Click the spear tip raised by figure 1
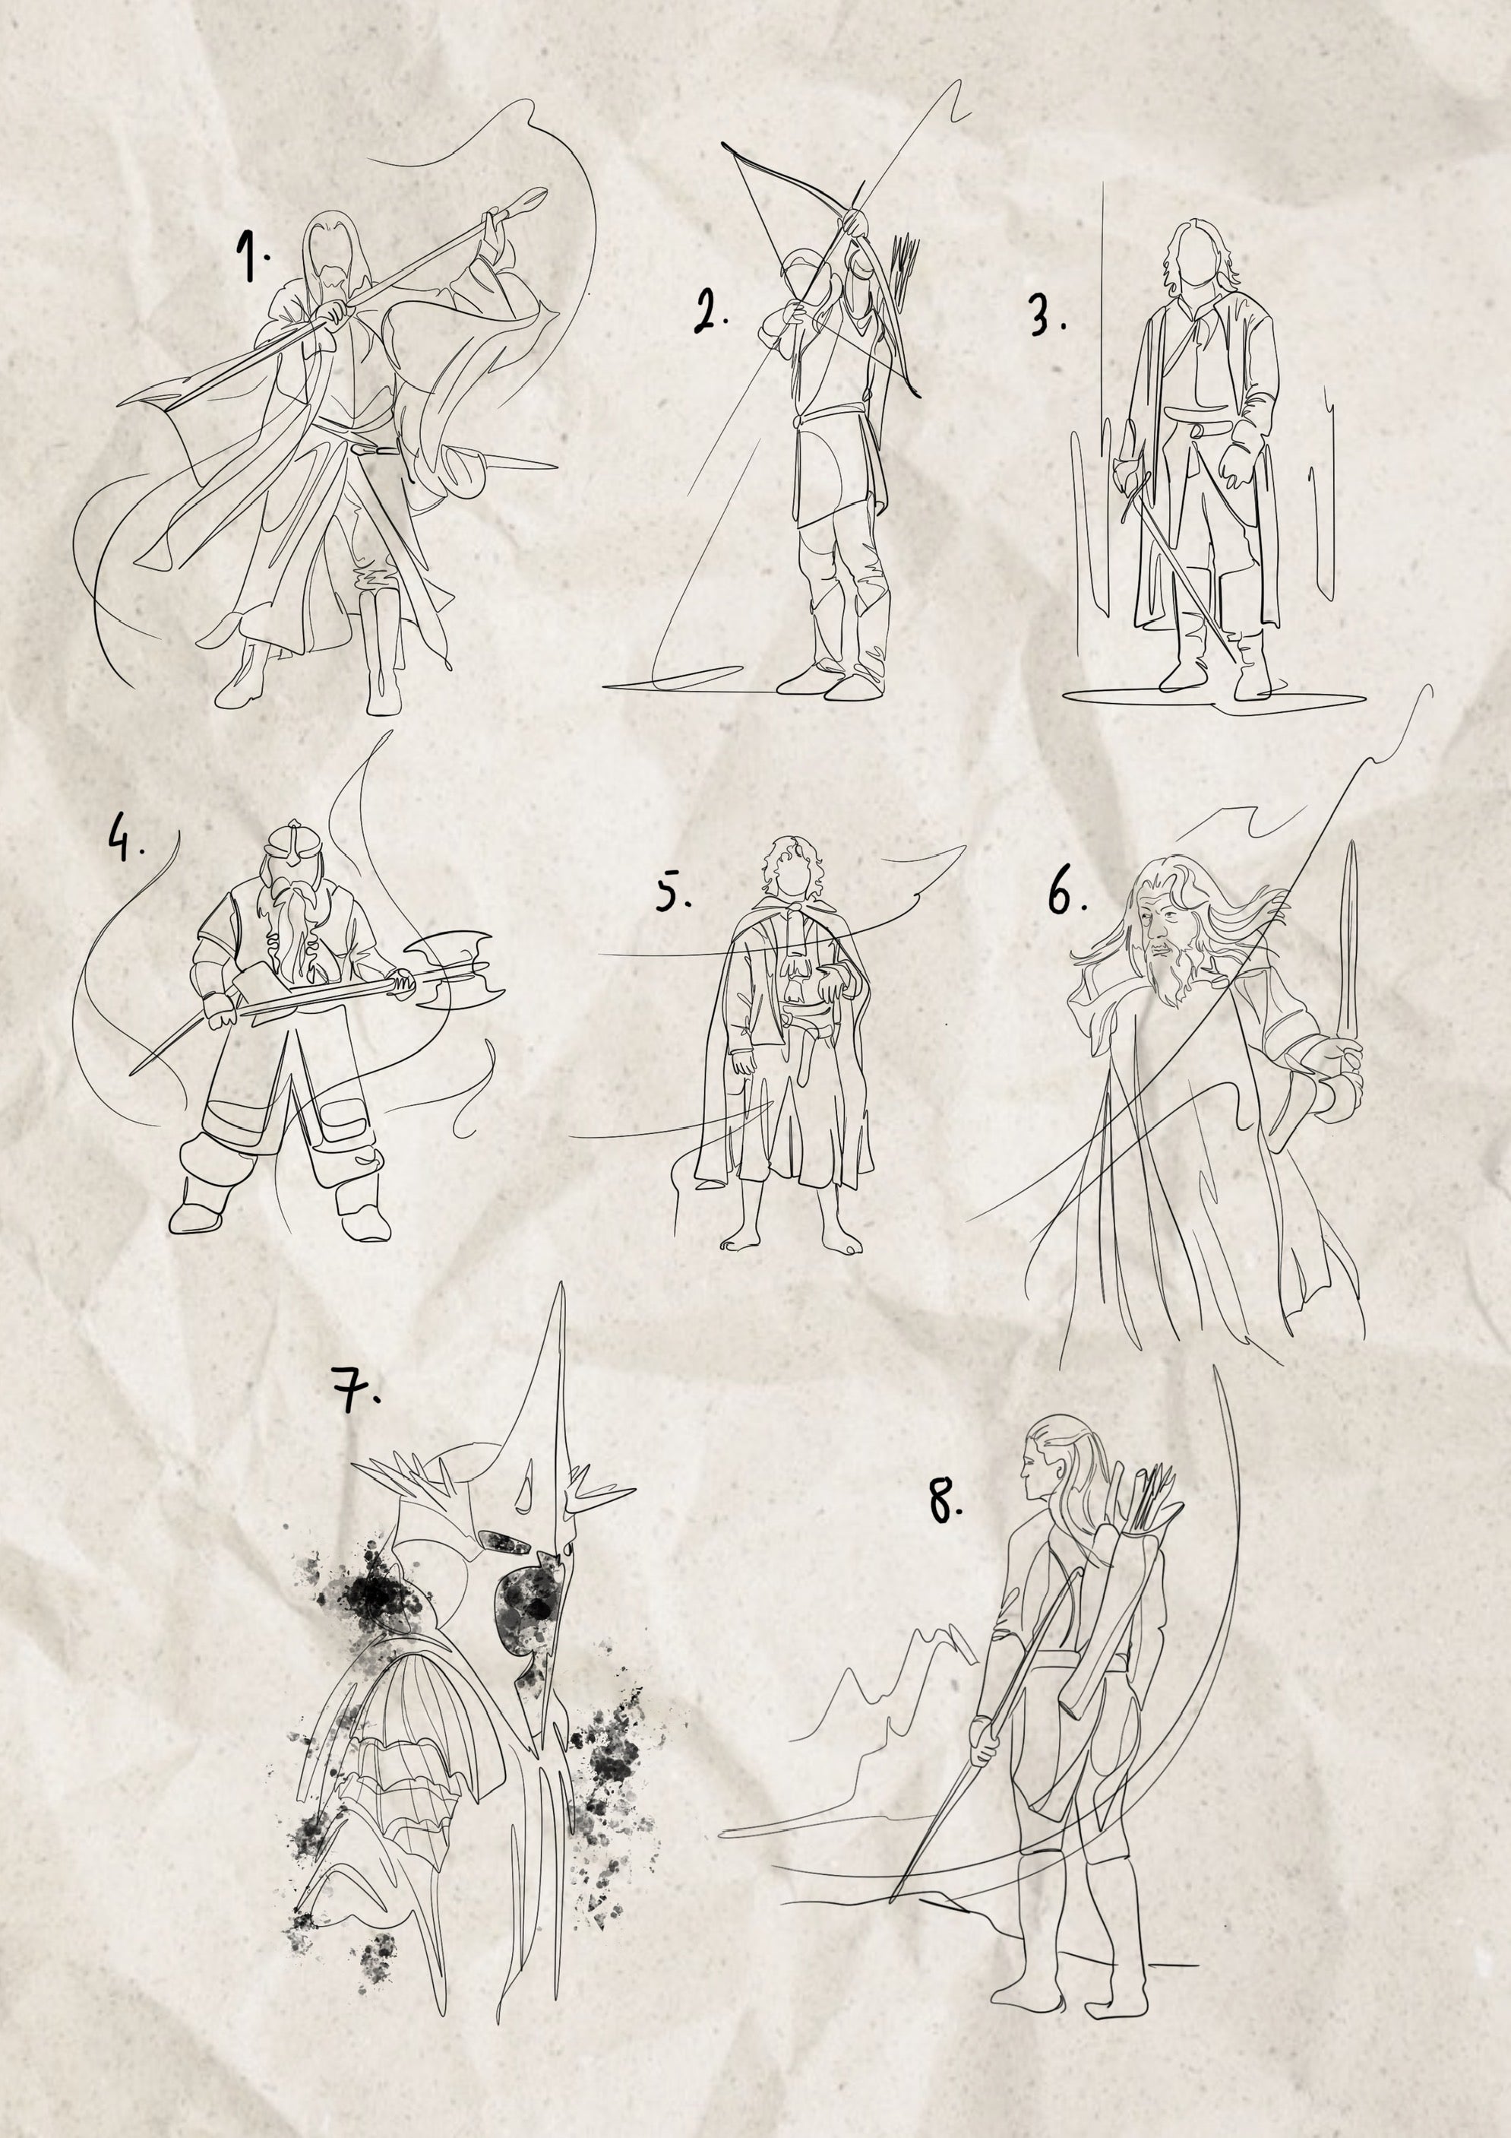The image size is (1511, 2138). pos(525,199)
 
